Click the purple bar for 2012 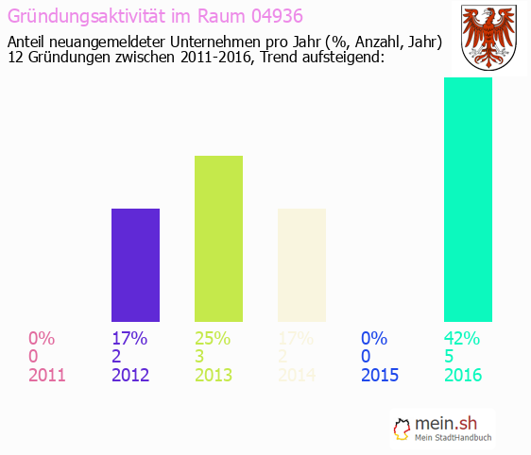pyautogui.click(x=135, y=265)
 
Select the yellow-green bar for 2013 pyautogui.click(x=218, y=239)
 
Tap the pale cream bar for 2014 pyautogui.click(x=301, y=265)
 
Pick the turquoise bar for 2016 pyautogui.click(x=468, y=199)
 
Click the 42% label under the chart pyautogui.click(x=462, y=338)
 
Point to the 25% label pyautogui.click(x=213, y=338)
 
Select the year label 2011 pyautogui.click(x=47, y=375)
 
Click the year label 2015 pyautogui.click(x=380, y=375)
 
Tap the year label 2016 pyautogui.click(x=463, y=375)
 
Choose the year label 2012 pyautogui.click(x=130, y=375)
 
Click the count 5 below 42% pyautogui.click(x=449, y=357)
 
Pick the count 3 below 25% pyautogui.click(x=199, y=357)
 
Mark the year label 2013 pyautogui.click(x=214, y=375)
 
